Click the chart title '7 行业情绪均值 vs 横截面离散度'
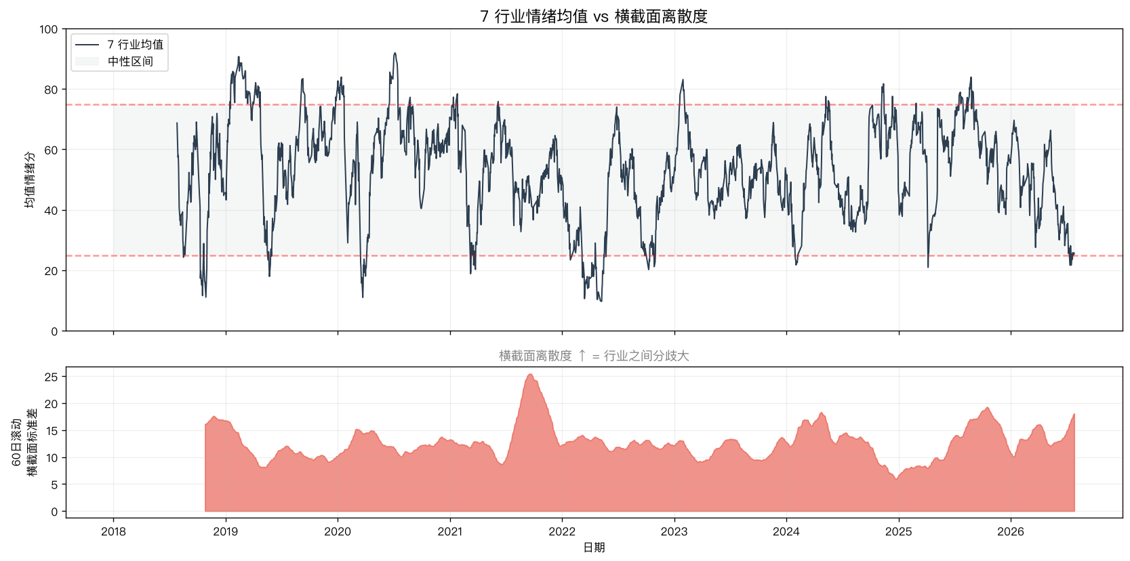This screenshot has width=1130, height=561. (594, 17)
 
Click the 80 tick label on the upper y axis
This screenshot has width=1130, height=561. (52, 89)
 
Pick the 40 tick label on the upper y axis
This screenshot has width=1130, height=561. (52, 211)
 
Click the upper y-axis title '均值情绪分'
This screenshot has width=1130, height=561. (30, 180)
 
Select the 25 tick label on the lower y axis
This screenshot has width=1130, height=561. (52, 377)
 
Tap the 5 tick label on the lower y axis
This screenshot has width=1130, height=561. (55, 484)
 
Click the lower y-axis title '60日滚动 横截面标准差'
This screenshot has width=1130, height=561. (24, 442)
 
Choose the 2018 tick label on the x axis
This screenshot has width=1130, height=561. (113, 531)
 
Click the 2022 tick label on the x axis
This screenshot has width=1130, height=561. (562, 531)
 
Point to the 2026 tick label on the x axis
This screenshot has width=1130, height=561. (1011, 531)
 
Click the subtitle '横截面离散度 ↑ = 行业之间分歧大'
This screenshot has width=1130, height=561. (594, 356)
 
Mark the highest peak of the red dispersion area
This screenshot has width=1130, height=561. (530, 374)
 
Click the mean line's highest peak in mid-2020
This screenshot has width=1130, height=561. (395, 52)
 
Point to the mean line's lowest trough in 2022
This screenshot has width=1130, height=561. (601, 302)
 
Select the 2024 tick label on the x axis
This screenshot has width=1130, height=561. (786, 531)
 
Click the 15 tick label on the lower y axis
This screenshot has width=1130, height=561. (52, 430)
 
